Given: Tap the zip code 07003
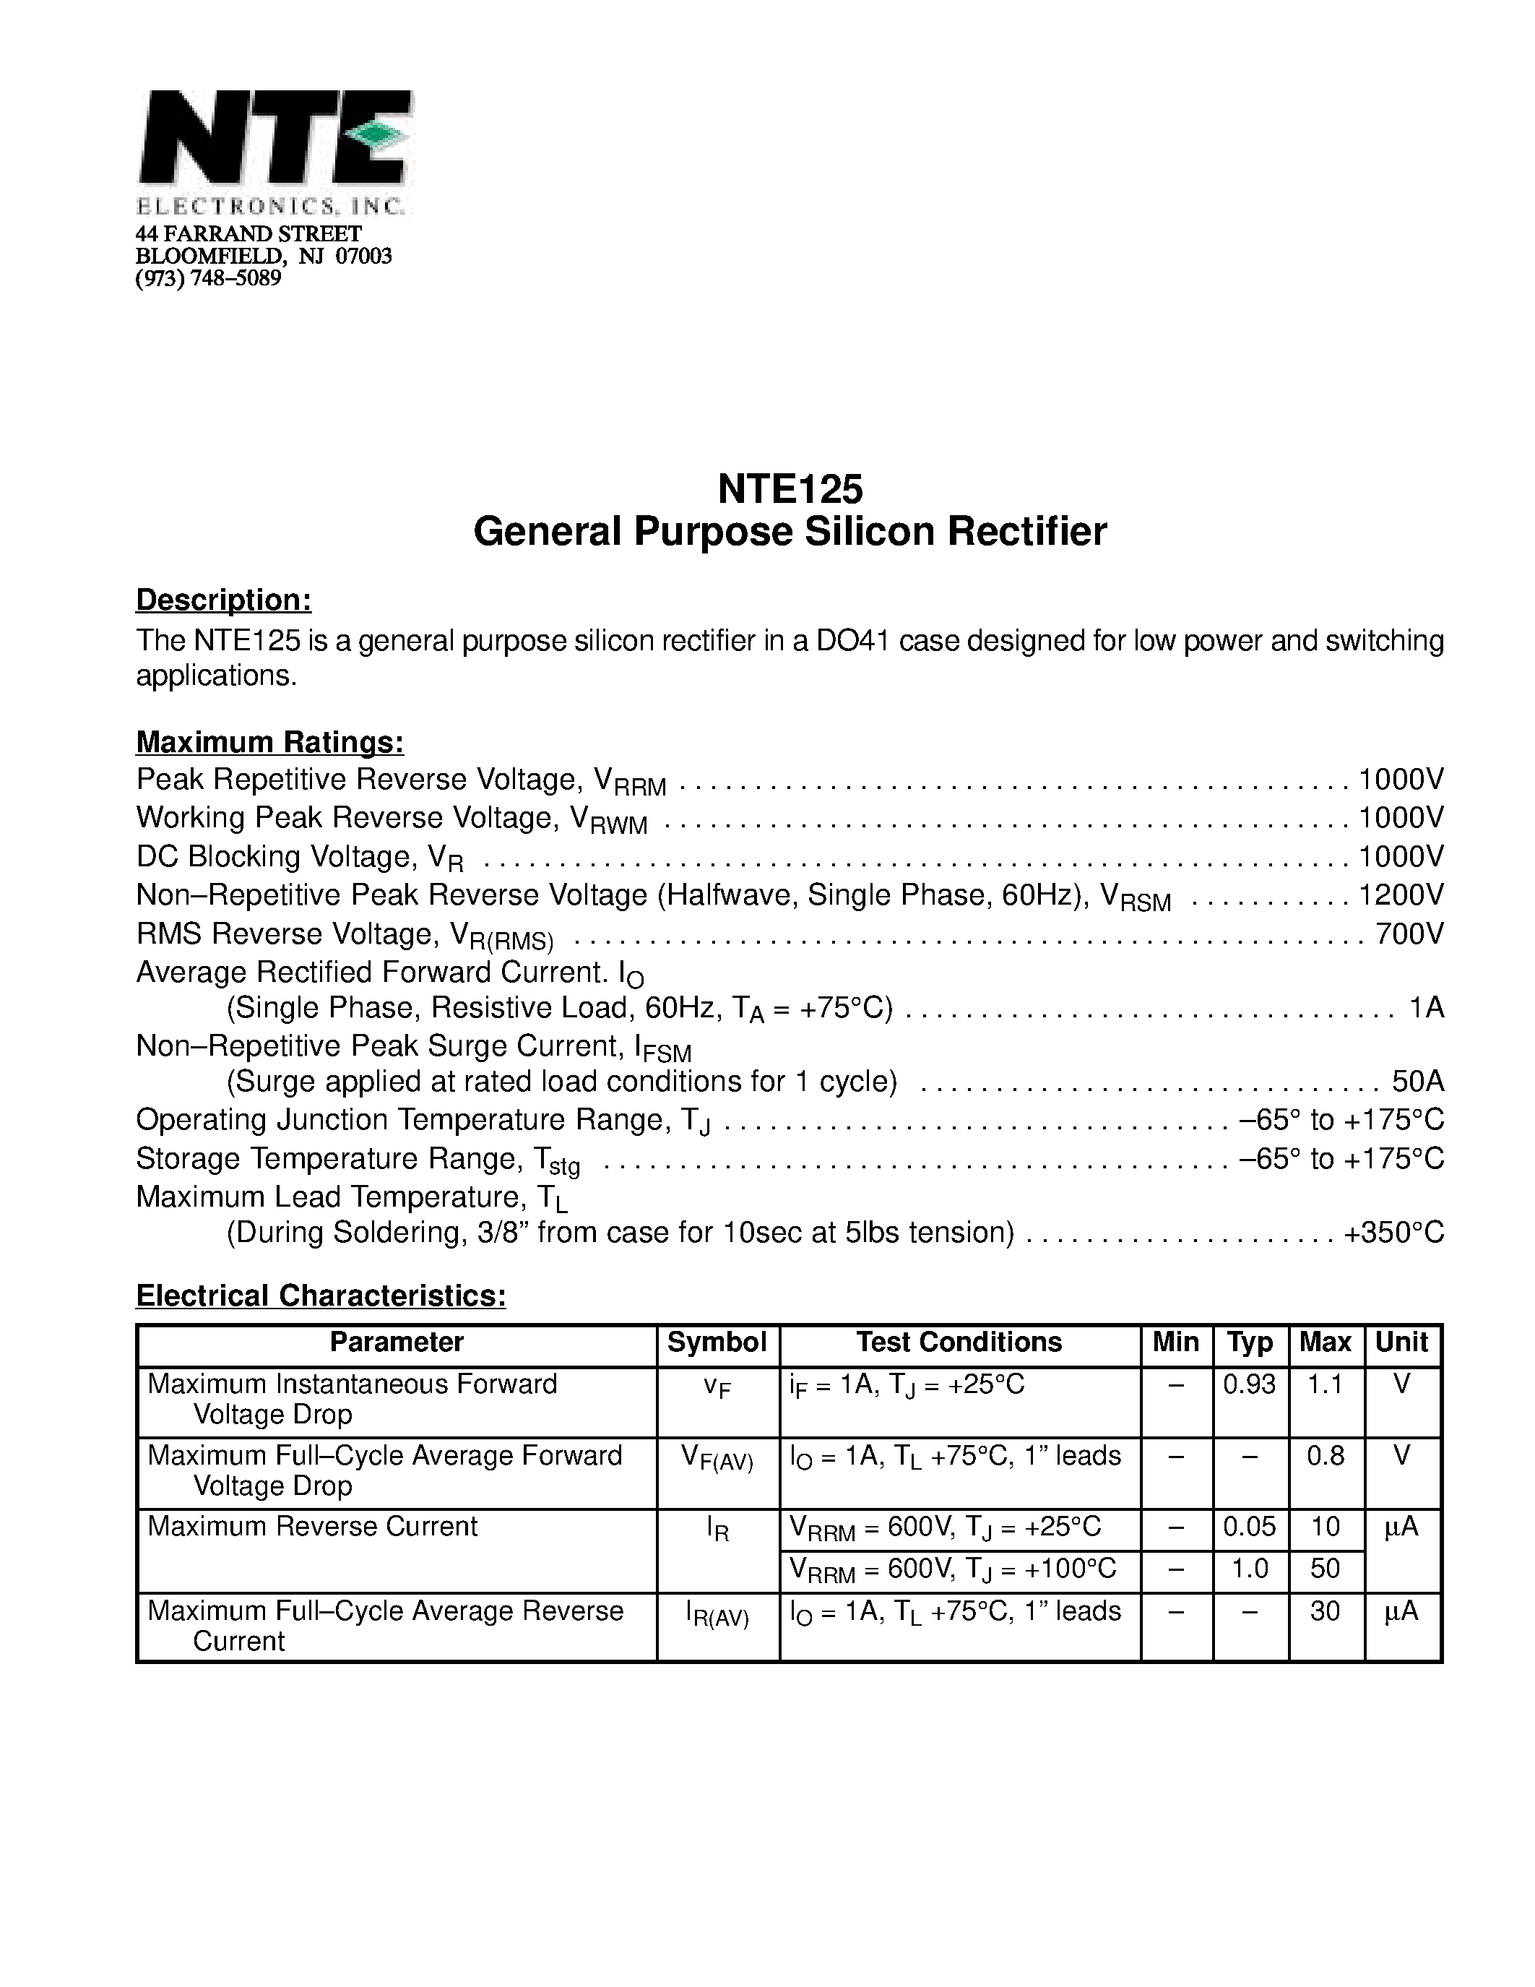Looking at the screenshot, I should (364, 257).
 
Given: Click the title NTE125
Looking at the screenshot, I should (790, 489).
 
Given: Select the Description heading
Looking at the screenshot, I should (224, 600).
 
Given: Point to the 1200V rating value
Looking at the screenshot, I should (1401, 895).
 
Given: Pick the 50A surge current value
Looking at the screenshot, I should (1417, 1081).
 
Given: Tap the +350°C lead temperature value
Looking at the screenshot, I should (1394, 1232).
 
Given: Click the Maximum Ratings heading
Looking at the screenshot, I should (270, 742).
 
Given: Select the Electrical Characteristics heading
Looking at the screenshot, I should (321, 1296).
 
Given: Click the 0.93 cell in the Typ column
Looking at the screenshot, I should (1250, 1384).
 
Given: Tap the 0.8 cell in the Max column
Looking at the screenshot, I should (1325, 1457).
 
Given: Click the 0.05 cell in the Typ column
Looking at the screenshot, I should (1250, 1527).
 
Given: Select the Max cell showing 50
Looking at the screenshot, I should (1325, 1569).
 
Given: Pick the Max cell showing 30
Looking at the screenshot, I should (1325, 1611).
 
